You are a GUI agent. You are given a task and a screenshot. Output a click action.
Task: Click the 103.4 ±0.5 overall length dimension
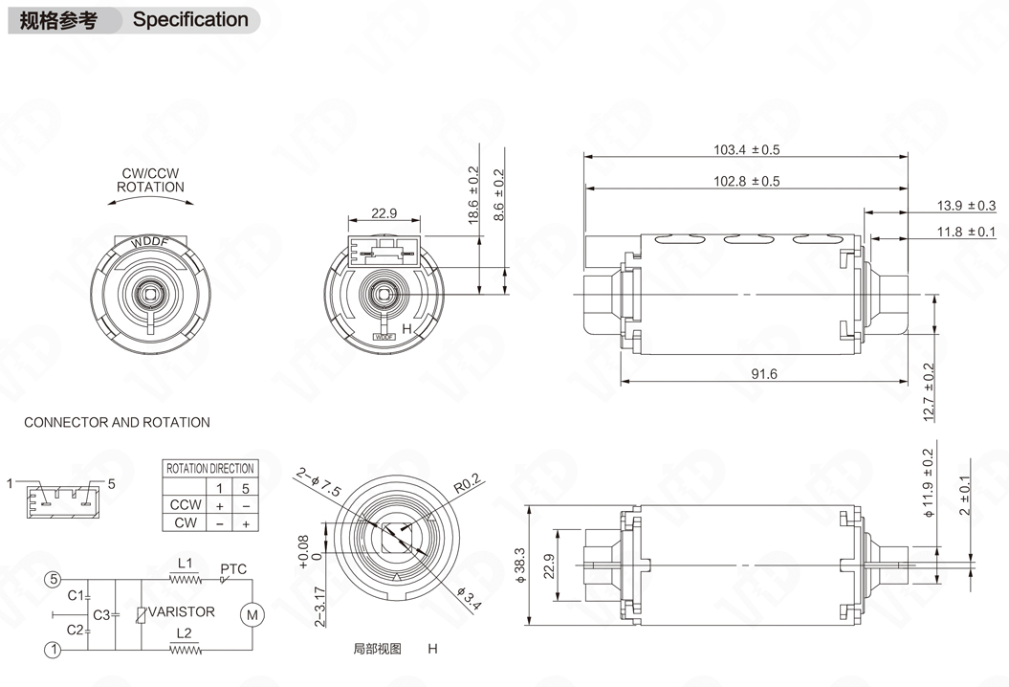tap(746, 150)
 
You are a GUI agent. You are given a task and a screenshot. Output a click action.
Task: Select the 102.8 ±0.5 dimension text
tap(746, 181)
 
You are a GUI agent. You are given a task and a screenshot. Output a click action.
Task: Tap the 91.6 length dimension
tap(763, 374)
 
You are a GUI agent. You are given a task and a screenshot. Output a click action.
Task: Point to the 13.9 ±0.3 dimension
tap(965, 206)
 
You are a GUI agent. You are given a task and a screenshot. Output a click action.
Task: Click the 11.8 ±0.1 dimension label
tap(965, 232)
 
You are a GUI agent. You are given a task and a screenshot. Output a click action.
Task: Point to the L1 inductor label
tap(186, 563)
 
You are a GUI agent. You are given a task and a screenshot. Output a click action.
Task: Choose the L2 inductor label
tap(186, 633)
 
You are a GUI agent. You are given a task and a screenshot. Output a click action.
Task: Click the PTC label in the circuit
tap(233, 569)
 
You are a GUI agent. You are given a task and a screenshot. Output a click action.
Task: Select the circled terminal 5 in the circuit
tap(54, 580)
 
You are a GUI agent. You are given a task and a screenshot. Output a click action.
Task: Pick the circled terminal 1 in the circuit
tap(54, 650)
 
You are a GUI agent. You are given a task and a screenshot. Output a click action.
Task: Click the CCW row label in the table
tap(186, 504)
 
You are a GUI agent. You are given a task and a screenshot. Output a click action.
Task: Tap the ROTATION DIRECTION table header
tap(209, 468)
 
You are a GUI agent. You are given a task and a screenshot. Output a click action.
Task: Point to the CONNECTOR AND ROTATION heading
tap(117, 422)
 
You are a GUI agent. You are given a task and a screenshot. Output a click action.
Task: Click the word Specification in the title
tap(190, 19)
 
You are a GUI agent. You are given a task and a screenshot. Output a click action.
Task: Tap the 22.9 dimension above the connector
tap(384, 213)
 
